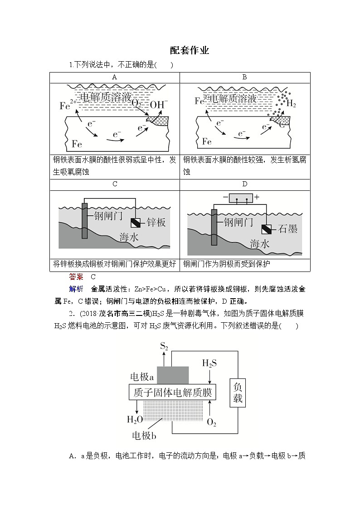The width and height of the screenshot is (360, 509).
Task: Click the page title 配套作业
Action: (x=190, y=51)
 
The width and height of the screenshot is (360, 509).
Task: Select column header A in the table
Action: (x=115, y=77)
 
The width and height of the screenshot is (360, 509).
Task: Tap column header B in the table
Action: (x=244, y=77)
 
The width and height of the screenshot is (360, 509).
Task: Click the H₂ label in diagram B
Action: (x=291, y=104)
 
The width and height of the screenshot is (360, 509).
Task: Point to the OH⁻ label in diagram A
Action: (x=159, y=104)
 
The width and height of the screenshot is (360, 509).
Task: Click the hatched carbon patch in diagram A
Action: (x=159, y=121)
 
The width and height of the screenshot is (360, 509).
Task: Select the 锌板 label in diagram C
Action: (x=156, y=222)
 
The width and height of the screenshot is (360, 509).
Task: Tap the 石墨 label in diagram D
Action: (x=288, y=229)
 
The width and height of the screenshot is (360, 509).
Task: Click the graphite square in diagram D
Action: (x=266, y=229)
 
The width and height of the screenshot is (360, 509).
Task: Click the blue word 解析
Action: (x=76, y=289)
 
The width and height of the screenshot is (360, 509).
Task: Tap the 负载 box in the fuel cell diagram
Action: (x=238, y=393)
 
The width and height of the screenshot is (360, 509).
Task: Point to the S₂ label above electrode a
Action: (x=164, y=347)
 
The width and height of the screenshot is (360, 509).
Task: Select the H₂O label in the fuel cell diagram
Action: (x=135, y=419)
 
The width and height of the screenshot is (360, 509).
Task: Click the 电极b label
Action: (x=144, y=436)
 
